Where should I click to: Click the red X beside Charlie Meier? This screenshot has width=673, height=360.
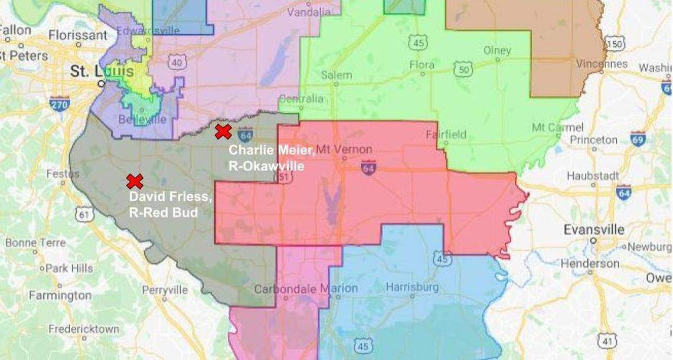[223, 132]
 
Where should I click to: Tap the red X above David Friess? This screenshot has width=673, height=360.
[135, 181]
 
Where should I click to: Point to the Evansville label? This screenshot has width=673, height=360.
[593, 229]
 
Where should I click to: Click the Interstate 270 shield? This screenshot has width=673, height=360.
[60, 104]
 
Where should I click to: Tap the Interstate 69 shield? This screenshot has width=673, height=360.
[637, 139]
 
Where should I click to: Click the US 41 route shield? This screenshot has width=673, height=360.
[607, 340]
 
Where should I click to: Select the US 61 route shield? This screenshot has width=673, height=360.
[84, 214]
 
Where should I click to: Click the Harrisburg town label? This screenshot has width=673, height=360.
[412, 287]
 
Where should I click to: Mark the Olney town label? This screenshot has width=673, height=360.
[497, 51]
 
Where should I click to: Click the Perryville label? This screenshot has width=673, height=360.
[165, 290]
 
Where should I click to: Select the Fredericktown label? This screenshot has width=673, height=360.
[83, 329]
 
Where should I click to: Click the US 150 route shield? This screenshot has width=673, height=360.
[615, 44]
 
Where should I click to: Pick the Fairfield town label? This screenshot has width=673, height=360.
[446, 135]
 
